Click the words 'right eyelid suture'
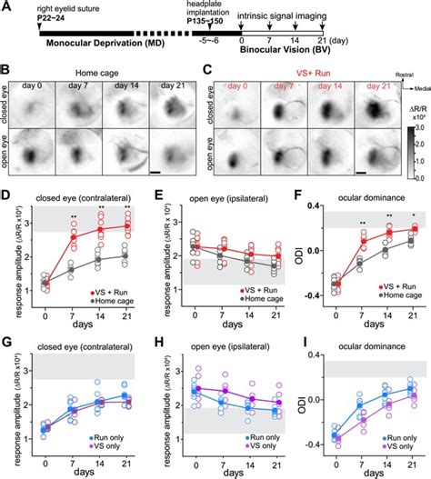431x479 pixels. [x=73, y=11]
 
